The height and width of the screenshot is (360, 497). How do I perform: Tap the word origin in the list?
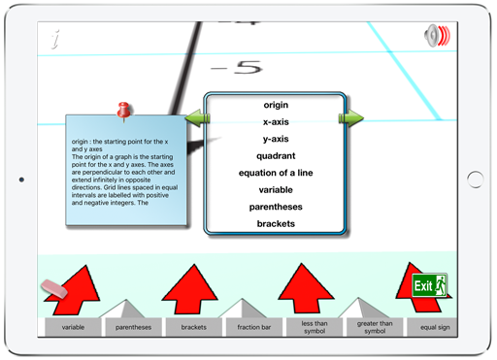(x=276, y=105)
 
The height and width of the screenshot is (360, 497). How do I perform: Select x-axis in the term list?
(x=276, y=122)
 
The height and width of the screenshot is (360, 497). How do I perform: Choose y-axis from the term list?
(x=276, y=139)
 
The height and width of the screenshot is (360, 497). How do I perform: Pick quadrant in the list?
(x=276, y=156)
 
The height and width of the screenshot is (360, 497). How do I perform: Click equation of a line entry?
(x=276, y=173)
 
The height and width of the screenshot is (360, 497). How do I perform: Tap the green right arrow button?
(x=350, y=118)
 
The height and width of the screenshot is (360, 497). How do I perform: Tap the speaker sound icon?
(x=438, y=37)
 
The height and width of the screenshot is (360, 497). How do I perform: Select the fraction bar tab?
(x=252, y=328)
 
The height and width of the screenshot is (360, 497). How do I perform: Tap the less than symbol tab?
(x=315, y=328)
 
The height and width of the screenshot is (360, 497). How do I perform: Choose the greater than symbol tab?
(x=375, y=328)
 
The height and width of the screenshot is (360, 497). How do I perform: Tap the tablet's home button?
(x=475, y=180)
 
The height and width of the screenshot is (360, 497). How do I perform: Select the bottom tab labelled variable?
(x=73, y=328)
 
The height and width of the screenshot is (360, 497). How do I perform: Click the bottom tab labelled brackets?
(x=193, y=328)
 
